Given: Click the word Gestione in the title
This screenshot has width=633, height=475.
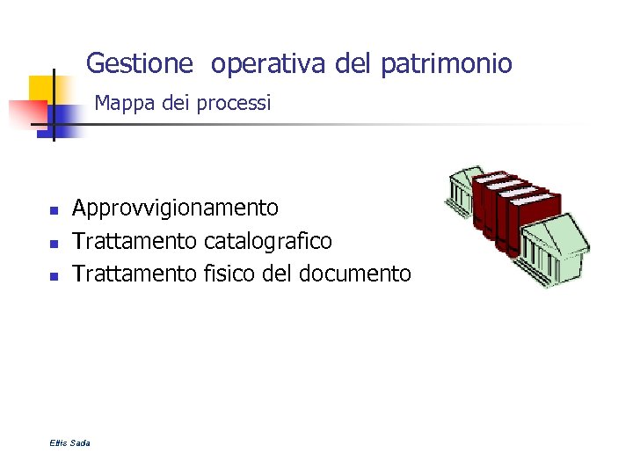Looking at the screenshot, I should (139, 64).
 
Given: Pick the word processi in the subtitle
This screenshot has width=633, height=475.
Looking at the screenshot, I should (234, 104).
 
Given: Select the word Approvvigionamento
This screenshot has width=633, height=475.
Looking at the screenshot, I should (175, 208).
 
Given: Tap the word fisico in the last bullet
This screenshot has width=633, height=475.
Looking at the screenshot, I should (229, 274).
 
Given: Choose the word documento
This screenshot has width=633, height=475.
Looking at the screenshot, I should (354, 274).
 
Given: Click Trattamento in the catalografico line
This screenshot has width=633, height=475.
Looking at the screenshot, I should (135, 241).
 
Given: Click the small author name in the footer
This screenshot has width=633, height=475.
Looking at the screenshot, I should (70, 442).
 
